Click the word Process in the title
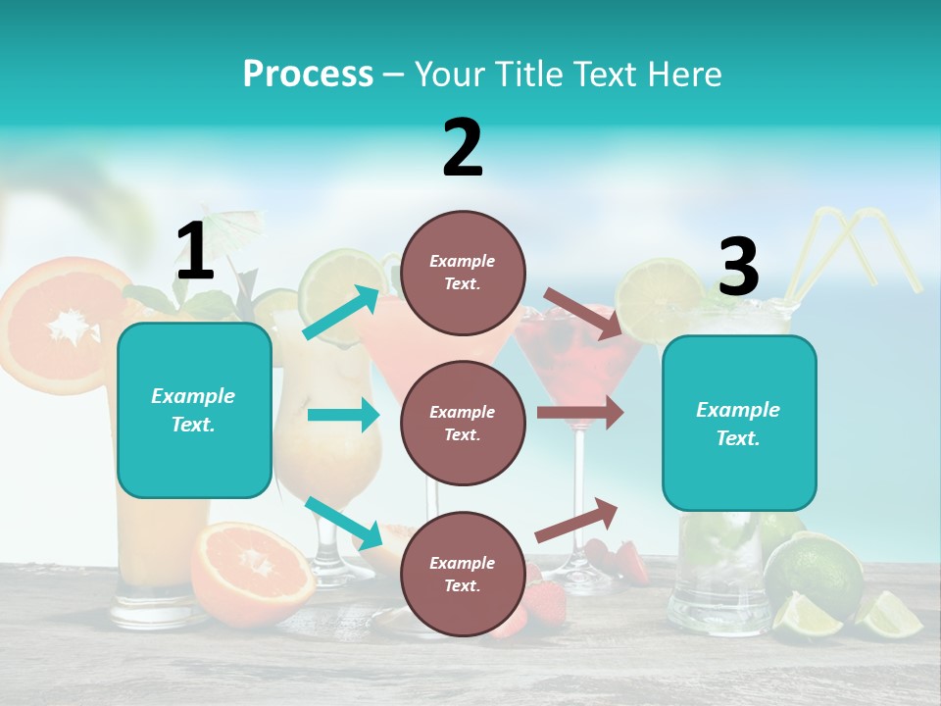[x=308, y=75]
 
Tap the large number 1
[x=195, y=251]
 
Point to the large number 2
[x=463, y=149]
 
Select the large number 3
[x=738, y=268]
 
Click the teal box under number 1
[x=194, y=410]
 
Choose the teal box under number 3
[x=739, y=423]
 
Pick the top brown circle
[x=463, y=273]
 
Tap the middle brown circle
[x=463, y=423]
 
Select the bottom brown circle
[x=463, y=574]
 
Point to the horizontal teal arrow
[x=342, y=415]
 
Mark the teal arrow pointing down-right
[x=343, y=523]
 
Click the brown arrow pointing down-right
[x=582, y=313]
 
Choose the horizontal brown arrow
[x=579, y=413]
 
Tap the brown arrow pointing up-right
[x=576, y=521]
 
